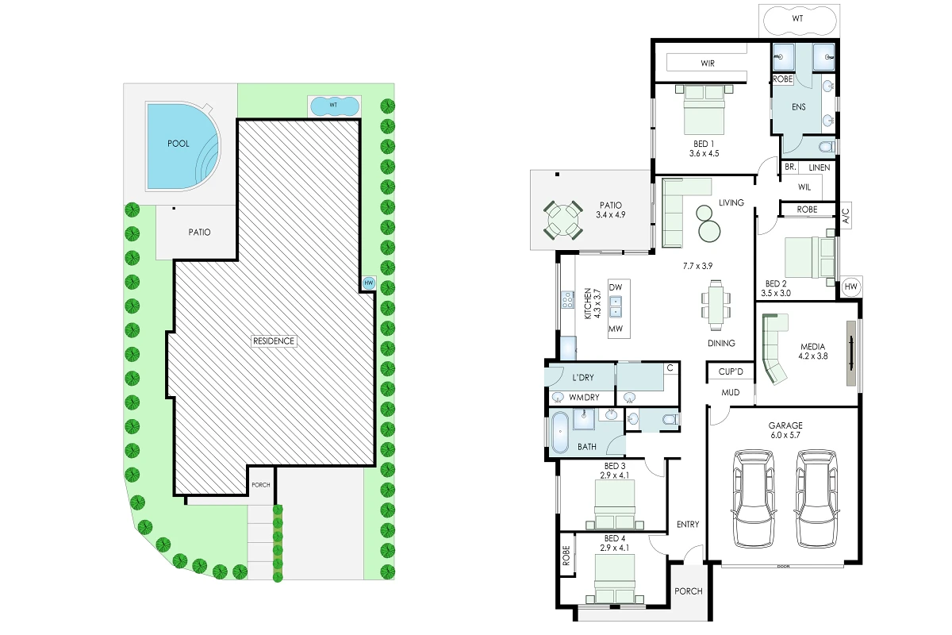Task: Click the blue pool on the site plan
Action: (x=182, y=146)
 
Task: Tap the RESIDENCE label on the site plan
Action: (x=274, y=341)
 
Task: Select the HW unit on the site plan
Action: (x=368, y=283)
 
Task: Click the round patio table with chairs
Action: (x=563, y=220)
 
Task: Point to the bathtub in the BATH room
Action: (x=559, y=432)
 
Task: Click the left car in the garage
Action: (x=754, y=498)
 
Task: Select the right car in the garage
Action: (x=816, y=498)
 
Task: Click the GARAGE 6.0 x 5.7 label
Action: (x=785, y=430)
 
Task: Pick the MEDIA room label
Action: (x=812, y=352)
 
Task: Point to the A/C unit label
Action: (x=846, y=215)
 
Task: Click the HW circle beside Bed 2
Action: (x=850, y=287)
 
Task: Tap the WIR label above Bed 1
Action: (x=708, y=63)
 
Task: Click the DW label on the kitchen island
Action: (x=616, y=287)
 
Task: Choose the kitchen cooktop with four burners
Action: (x=568, y=300)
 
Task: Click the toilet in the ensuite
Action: (x=827, y=147)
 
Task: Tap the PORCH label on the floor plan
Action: (x=689, y=591)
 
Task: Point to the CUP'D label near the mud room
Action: (x=731, y=371)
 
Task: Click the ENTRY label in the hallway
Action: (x=688, y=525)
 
